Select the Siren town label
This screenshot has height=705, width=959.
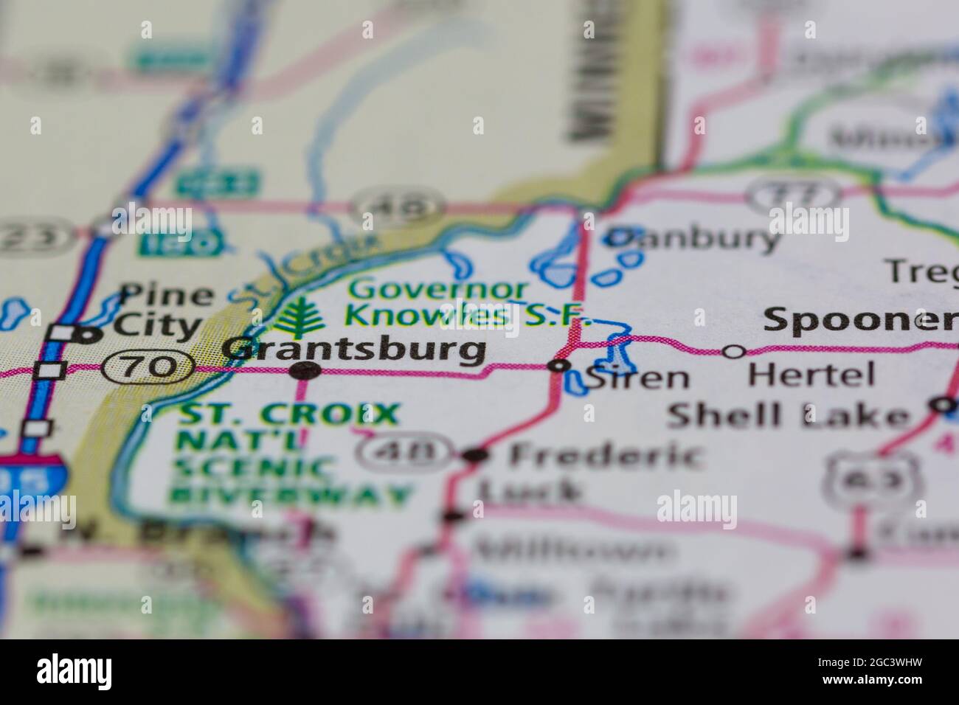point(637,378)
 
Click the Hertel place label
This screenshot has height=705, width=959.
point(811,375)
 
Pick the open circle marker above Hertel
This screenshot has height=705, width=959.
point(733,352)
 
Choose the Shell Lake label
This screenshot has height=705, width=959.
point(788,416)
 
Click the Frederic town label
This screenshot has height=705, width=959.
point(604,456)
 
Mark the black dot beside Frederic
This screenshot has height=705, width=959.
point(475,456)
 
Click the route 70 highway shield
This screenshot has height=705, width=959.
point(148,366)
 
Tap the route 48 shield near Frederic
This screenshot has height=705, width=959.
point(404,452)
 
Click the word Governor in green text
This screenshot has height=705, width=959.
point(440,289)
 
